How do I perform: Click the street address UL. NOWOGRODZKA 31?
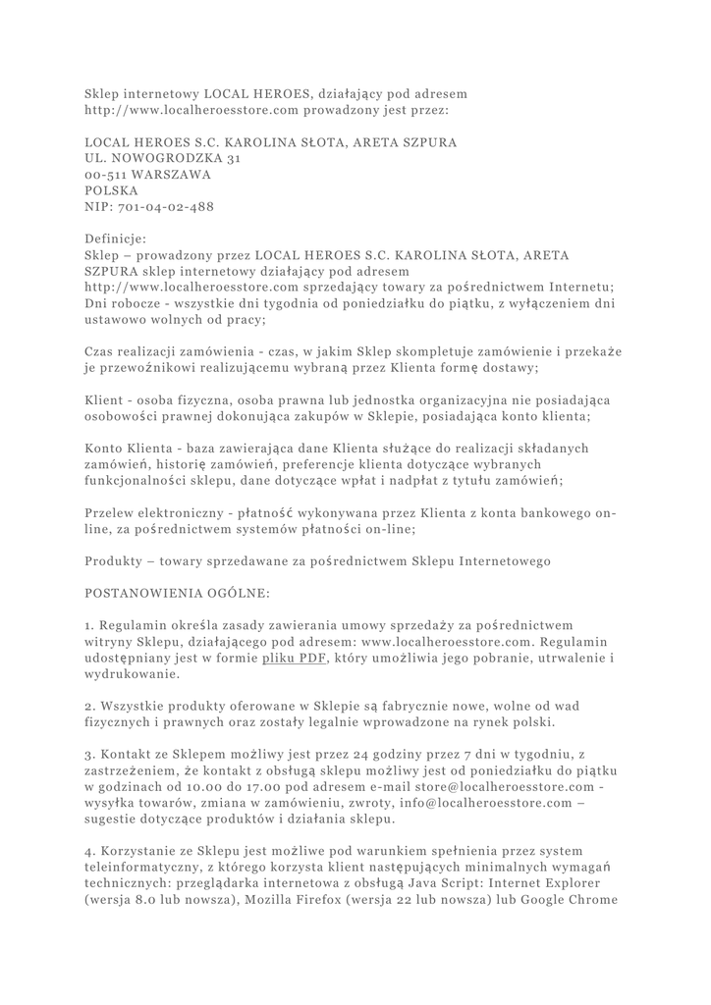coord(162,157)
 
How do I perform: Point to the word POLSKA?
coord(111,190)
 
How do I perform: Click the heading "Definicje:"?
coord(116,238)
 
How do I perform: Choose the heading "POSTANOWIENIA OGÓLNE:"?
coord(168,594)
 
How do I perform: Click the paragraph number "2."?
coord(89,706)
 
